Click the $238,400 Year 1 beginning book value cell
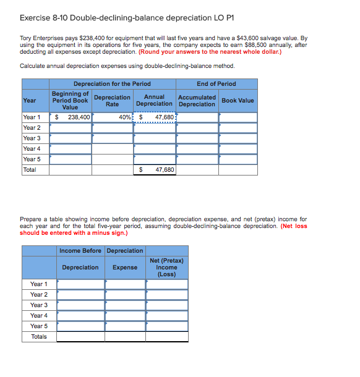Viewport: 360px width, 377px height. pos(71,117)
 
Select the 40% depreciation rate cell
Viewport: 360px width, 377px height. pos(112,117)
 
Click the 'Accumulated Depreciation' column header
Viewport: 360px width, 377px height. pos(197,100)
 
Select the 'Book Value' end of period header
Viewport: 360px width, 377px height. pos(238,100)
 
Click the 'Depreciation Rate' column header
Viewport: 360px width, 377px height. pos(112,100)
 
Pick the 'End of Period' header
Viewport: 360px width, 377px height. pos(216,83)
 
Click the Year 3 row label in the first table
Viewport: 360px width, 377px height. pos(32,138)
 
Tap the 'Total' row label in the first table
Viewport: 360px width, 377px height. pos(30,169)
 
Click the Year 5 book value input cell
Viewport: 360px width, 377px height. pos(238,159)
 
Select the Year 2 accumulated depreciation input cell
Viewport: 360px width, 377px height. pos(197,127)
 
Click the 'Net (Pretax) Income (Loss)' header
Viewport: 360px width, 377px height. pos(166,267)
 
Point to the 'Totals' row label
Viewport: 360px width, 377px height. pos(39,336)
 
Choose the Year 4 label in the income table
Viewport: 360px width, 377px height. pos(39,315)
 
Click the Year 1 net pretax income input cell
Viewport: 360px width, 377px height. pos(166,284)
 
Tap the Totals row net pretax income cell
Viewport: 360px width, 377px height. pos(166,336)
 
